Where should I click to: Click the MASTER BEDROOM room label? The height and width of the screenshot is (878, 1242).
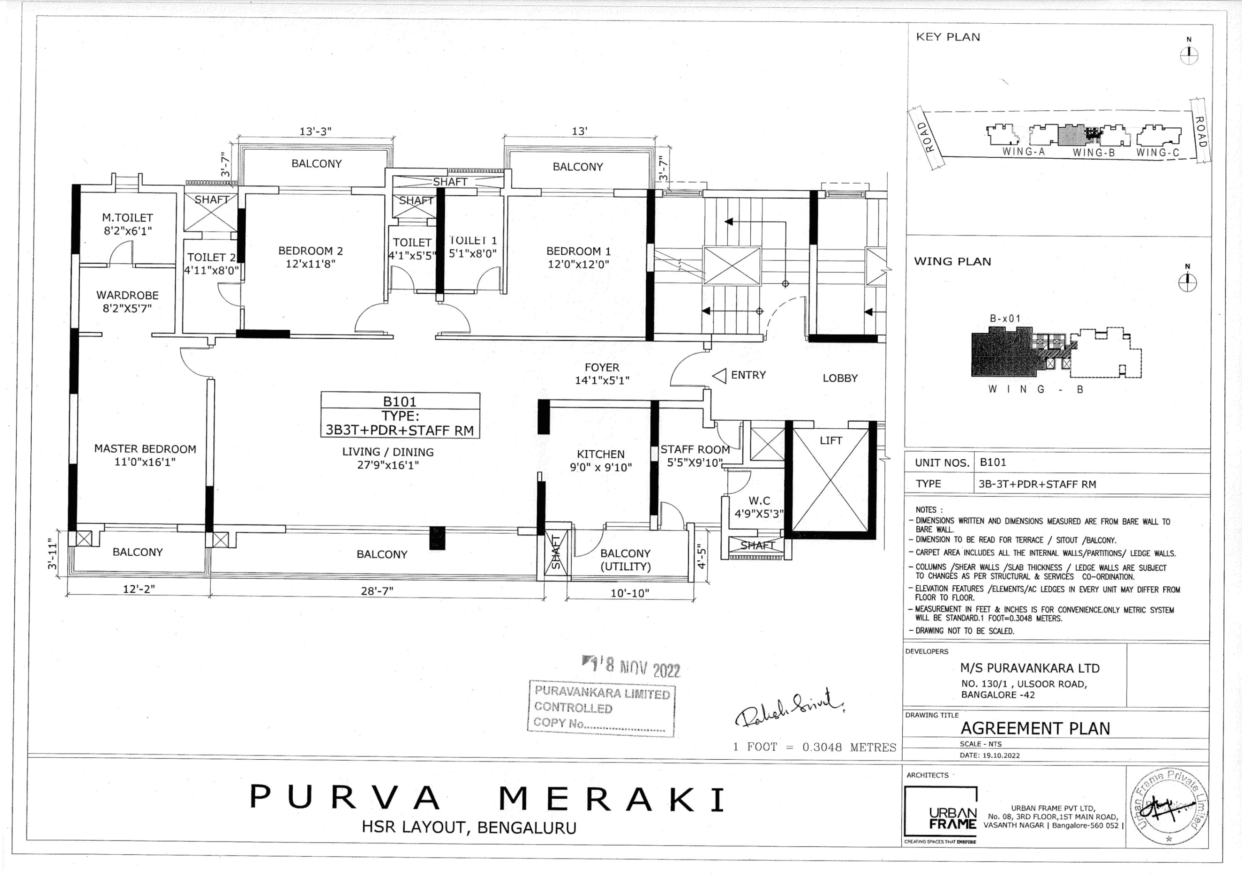[x=145, y=449]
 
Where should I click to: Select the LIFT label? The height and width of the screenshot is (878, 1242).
[x=830, y=441]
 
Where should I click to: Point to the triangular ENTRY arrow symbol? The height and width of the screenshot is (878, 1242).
[x=719, y=376]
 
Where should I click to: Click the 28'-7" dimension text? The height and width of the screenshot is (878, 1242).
[x=377, y=591]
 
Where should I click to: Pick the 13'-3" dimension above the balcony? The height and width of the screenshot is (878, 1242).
[x=315, y=132]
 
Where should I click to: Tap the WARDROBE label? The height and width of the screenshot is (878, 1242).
[x=128, y=295]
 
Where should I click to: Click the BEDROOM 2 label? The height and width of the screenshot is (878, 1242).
[x=311, y=251]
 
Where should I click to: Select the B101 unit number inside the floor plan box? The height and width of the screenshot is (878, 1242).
[x=400, y=401]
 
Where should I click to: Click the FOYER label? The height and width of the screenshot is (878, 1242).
[x=602, y=367]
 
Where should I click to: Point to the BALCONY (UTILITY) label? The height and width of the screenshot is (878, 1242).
[x=625, y=560]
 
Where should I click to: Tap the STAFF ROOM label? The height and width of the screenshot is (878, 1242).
[x=695, y=450]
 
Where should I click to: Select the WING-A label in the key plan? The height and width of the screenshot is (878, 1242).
[x=1023, y=152]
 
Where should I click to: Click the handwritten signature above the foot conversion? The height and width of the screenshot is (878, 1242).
[x=789, y=707]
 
